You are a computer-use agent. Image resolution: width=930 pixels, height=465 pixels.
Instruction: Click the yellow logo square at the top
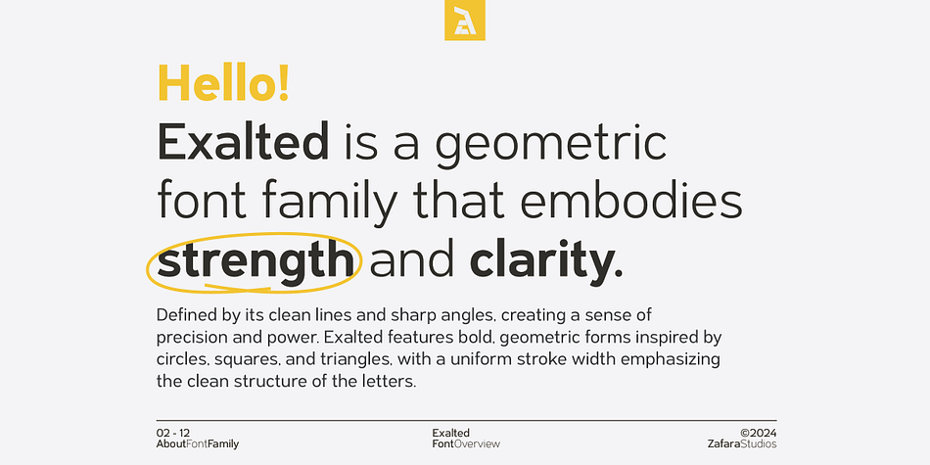(465, 21)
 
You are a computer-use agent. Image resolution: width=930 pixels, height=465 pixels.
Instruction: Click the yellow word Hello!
(223, 83)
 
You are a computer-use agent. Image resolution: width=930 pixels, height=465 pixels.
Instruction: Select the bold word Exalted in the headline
(243, 142)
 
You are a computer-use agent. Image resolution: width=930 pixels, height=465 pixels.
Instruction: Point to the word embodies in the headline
(631, 201)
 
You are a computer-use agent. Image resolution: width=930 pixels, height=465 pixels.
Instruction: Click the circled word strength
(256, 261)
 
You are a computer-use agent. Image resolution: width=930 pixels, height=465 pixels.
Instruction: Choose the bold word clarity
(546, 261)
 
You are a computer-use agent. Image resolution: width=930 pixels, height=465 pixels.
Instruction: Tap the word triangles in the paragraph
(363, 359)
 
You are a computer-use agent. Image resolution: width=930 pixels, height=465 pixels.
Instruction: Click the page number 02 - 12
(173, 433)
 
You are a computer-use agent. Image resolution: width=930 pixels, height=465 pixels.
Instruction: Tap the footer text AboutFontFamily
(198, 444)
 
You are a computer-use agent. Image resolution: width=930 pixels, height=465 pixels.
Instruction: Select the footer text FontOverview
(466, 444)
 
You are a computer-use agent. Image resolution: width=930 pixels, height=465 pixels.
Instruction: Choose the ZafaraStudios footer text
(741, 444)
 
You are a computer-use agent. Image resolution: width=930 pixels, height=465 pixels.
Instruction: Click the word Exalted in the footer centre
(450, 433)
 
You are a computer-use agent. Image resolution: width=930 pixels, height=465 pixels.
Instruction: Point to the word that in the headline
(459, 201)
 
